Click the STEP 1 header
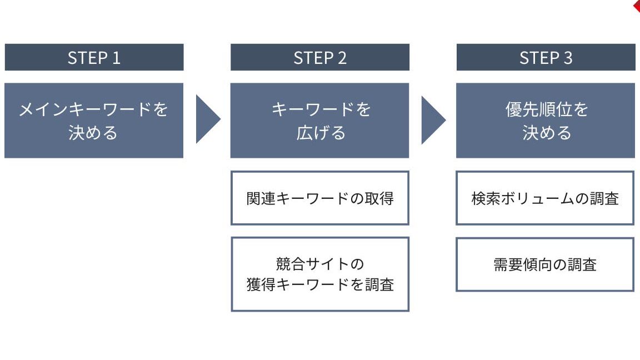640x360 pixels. [94, 57]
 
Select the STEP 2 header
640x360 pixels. [320, 57]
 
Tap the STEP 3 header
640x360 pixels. [546, 57]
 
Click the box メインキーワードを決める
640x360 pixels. [94, 121]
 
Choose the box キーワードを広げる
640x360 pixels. [319, 121]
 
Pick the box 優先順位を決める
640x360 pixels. [546, 121]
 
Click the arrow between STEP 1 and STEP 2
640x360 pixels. [207, 119]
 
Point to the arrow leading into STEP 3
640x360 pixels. [433, 120]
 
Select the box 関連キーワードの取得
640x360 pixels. [320, 198]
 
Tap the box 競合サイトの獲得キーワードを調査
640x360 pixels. [320, 274]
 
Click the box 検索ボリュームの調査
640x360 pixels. [545, 198]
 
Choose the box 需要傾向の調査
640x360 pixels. [545, 264]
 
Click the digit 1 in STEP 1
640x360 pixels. [116, 58]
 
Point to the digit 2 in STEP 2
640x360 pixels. [342, 58]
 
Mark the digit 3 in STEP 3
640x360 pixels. [568, 58]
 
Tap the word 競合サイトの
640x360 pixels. [320, 264]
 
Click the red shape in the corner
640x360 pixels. [637, 6]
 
